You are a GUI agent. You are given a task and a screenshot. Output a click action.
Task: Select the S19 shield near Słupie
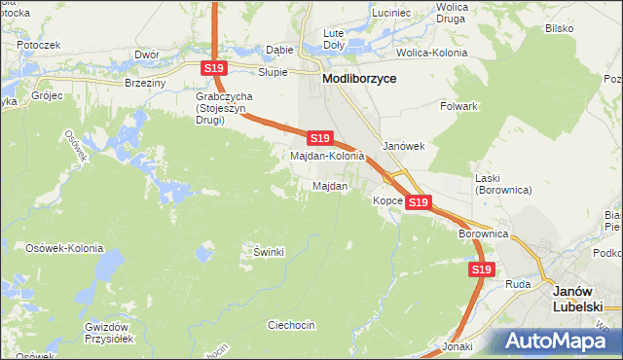pyautogui.click(x=215, y=68)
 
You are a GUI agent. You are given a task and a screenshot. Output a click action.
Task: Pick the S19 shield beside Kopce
pyautogui.click(x=419, y=201)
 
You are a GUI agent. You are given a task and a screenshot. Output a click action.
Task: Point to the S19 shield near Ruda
pyautogui.click(x=481, y=269)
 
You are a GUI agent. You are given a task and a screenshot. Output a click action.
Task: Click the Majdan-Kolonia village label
pyautogui.click(x=327, y=156)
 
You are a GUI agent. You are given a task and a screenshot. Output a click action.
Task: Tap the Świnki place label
pyautogui.click(x=269, y=252)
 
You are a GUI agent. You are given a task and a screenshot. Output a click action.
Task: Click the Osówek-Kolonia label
pyautogui.click(x=64, y=248)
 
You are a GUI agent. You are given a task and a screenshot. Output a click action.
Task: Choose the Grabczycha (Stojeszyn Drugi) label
pyautogui.click(x=226, y=103)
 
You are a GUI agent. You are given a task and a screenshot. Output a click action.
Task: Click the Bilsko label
pyautogui.click(x=559, y=28)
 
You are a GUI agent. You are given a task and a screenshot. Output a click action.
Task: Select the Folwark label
pyautogui.click(x=458, y=105)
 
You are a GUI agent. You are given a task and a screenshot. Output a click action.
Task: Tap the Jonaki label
pyautogui.click(x=457, y=346)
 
